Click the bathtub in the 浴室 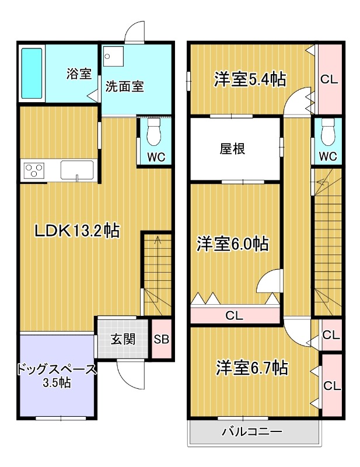(32, 73)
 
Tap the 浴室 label (78, 74)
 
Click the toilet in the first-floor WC (155, 133)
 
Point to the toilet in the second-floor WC (328, 133)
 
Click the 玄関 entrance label (124, 339)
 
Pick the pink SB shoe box (161, 339)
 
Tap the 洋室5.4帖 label (250, 79)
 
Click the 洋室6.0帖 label (232, 243)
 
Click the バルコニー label (252, 433)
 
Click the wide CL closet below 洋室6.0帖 (235, 316)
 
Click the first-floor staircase (156, 269)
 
